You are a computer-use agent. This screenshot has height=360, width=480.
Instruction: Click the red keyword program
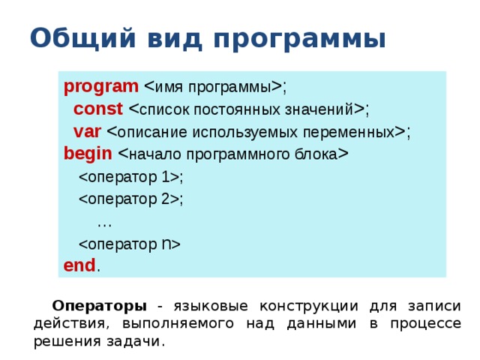(x=101, y=85)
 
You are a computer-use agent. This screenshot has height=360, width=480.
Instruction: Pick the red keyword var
(x=88, y=132)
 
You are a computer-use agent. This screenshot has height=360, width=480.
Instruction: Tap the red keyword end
(x=79, y=265)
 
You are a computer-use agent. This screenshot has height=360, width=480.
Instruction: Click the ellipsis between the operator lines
(x=104, y=222)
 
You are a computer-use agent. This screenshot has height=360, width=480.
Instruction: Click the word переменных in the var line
(x=349, y=133)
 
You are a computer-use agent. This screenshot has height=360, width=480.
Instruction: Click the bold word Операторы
(x=99, y=306)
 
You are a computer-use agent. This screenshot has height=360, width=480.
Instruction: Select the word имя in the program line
(x=167, y=87)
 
